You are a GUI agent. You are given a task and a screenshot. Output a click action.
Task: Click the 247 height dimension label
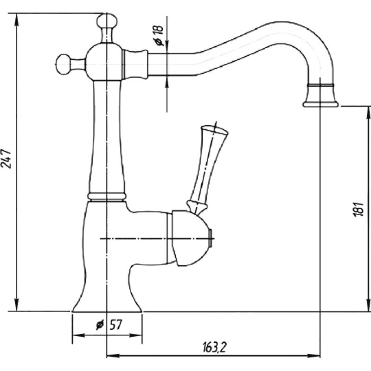[x=6, y=159]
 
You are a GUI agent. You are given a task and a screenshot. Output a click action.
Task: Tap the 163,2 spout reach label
[x=215, y=347]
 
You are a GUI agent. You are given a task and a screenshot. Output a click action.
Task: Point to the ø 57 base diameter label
[x=109, y=325]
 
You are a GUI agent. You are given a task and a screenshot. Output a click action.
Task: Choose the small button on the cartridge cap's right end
[x=210, y=238]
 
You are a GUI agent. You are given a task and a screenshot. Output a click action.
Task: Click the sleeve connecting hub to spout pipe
[x=135, y=64]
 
